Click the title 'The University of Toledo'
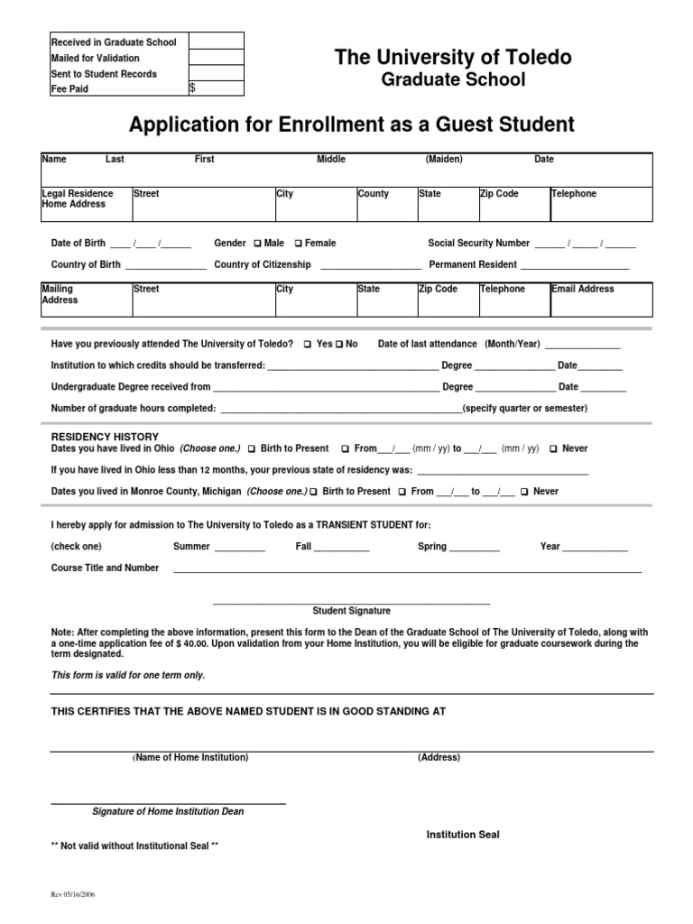pos(453,58)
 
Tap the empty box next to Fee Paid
pos(217,88)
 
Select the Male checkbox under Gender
pos(259,244)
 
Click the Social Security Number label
pos(478,244)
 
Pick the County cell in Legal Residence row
pos(385,204)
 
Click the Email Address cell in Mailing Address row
pos(601,300)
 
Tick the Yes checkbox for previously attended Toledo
pos(308,345)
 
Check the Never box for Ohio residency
pos(554,448)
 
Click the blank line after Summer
pos(240,548)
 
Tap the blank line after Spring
pos(474,548)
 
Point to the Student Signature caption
pos(351,611)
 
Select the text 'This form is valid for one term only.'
pos(128,675)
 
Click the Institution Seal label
pos(463,835)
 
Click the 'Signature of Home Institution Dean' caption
pos(168,811)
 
